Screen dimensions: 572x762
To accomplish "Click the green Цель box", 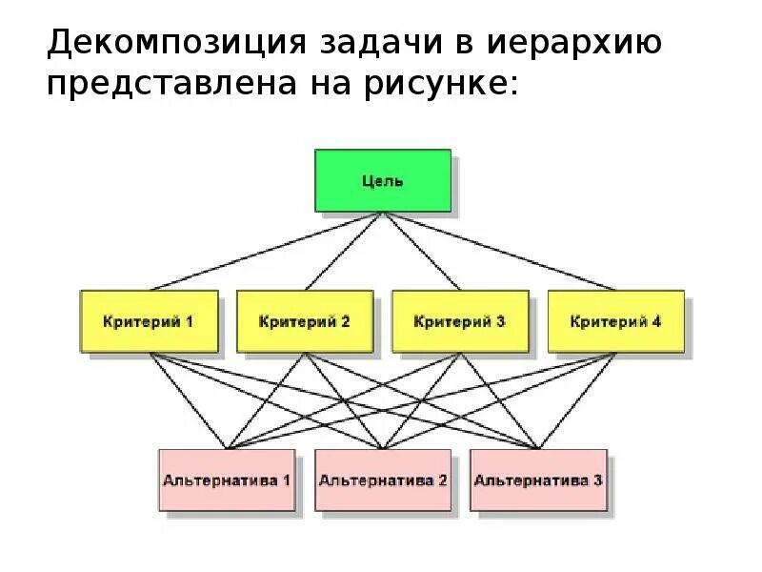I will point(383,180).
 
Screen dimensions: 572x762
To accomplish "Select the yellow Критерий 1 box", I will point(149,321).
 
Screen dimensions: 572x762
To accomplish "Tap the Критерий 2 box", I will point(304,321).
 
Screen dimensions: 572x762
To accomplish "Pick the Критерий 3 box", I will point(460,321).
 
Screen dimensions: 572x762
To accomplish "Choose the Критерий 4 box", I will point(615,321).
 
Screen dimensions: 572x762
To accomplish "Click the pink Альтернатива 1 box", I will point(226,480).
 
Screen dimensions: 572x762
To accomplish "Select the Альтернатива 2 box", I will point(382,480).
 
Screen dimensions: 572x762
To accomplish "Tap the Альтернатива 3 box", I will point(538,480).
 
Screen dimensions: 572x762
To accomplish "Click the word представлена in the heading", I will point(191,86).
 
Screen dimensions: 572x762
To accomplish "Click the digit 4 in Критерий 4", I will point(655,321).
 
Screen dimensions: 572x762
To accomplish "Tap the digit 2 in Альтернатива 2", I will point(442,480).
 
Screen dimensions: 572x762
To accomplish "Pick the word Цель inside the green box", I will point(383,180).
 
